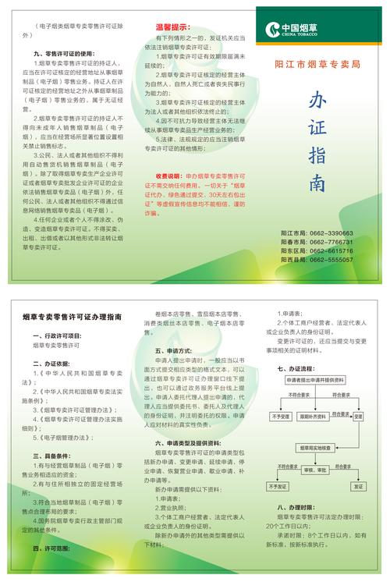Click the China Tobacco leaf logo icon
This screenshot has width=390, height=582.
coord(272,30)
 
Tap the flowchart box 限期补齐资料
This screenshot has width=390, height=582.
coord(314,417)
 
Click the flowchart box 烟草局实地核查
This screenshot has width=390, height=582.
coord(315,448)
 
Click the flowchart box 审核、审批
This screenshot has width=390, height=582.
coord(314,471)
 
